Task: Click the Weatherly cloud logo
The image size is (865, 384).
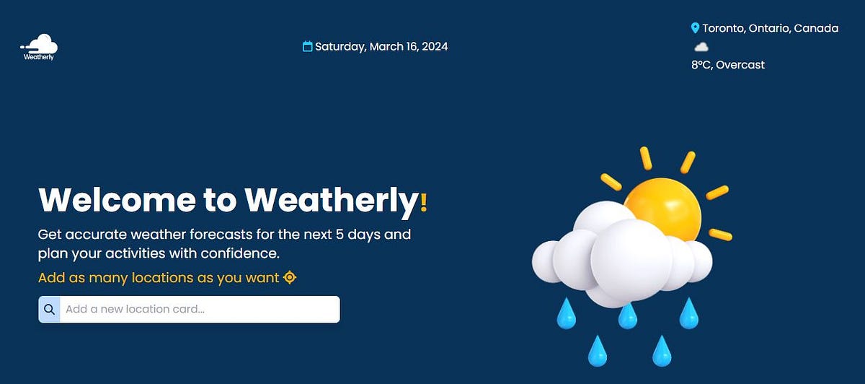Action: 39,45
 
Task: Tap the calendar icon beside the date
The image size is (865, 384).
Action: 308,47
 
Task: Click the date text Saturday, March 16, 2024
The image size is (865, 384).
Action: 381,47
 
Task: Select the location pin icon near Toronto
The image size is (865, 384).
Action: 695,28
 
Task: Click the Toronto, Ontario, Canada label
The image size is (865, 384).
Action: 770,28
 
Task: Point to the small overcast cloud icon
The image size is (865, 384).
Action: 701,47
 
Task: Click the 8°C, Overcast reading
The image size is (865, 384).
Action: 727,65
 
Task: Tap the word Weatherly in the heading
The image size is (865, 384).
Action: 332,200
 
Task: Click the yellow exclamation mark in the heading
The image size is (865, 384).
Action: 424,201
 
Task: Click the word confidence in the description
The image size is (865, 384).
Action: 241,254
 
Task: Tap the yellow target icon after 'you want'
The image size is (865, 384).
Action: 290,278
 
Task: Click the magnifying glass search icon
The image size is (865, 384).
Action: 49,310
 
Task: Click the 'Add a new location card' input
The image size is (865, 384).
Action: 199,310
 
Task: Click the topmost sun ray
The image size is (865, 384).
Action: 646,158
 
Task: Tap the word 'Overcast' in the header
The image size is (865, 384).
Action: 740,65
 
